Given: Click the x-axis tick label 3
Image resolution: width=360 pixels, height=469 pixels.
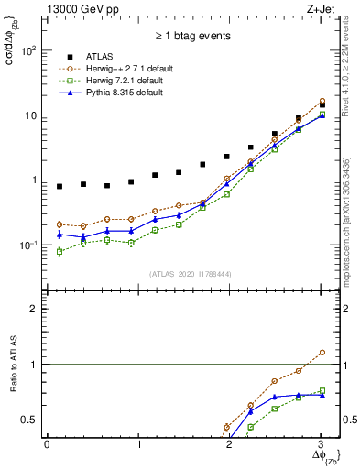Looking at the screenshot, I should click(x=322, y=444).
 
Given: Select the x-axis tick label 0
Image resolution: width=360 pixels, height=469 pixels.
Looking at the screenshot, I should click(x=47, y=444).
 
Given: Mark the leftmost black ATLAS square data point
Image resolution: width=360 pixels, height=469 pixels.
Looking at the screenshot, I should click(x=60, y=187).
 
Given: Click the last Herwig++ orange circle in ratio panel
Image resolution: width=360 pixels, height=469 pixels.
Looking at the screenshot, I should click(x=322, y=352).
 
